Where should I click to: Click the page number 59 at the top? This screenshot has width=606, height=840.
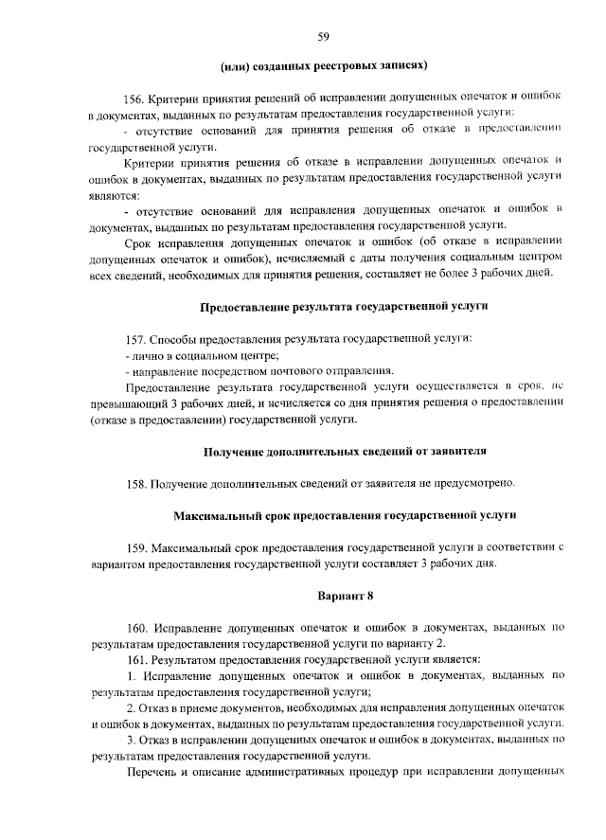[x=324, y=37]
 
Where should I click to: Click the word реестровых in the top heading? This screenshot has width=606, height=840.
[x=349, y=65]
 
